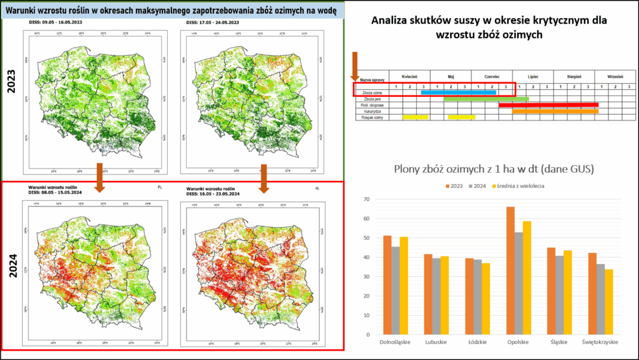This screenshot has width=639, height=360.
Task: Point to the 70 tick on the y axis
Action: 366,200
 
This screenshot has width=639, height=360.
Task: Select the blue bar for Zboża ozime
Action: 458,92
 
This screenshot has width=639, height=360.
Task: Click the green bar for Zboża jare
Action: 486,99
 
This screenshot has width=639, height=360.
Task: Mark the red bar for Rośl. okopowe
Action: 549,105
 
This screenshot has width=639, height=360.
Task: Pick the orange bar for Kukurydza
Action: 555,111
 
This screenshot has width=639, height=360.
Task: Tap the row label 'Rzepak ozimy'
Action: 372,117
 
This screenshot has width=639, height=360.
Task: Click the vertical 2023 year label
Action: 11,81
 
